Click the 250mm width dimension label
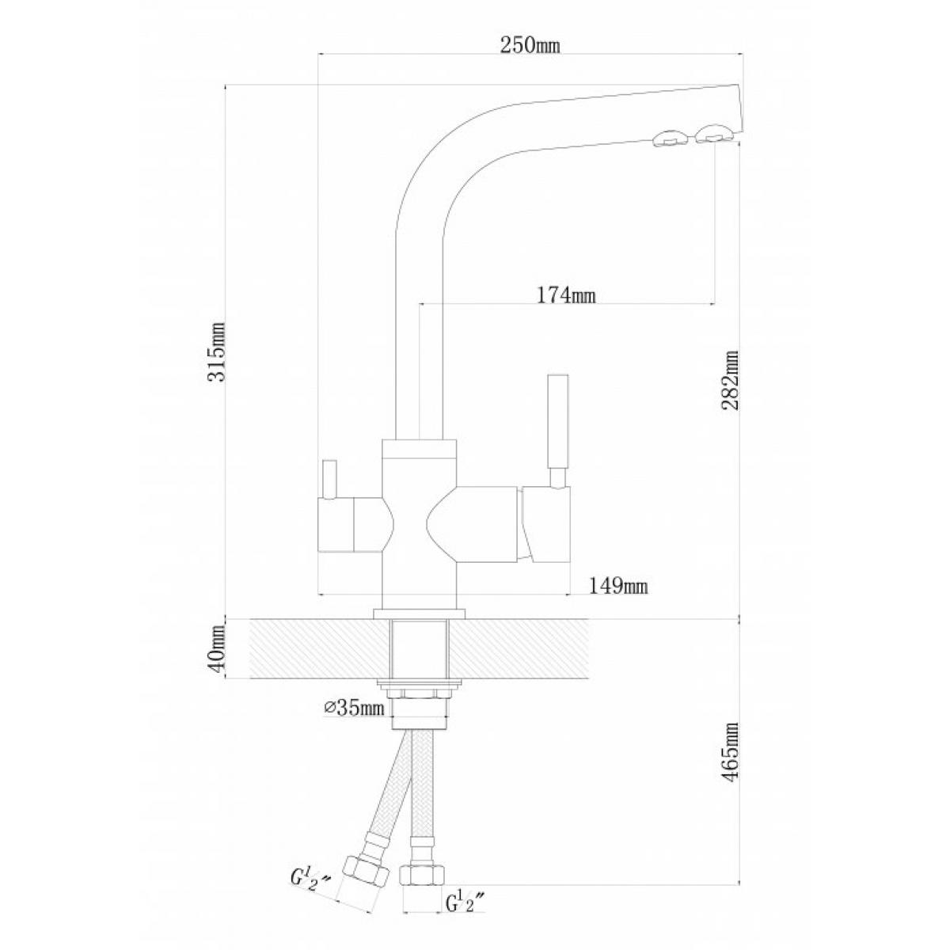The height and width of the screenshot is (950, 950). coord(530,46)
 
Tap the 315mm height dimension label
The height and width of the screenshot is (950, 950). coord(217,351)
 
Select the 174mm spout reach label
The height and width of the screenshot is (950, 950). coord(565,296)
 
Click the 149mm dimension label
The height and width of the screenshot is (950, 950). coord(618,586)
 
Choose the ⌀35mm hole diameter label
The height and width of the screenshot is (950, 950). coord(354,709)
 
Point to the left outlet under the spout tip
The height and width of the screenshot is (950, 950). coord(668,139)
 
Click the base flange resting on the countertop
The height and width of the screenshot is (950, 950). coord(419,614)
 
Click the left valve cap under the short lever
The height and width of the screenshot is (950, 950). coord(336,526)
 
